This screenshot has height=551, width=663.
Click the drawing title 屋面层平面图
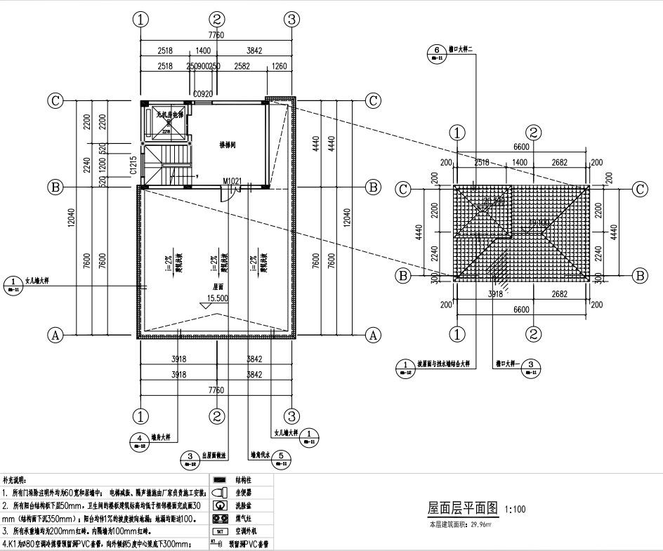463,507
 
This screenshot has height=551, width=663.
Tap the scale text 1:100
516,508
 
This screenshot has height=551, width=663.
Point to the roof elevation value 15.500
217,298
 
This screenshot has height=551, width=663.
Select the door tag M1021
232,181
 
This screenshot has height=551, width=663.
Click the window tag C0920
203,93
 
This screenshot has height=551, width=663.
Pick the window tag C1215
133,164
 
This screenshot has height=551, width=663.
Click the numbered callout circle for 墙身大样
139,439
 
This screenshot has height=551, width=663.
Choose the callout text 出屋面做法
213,455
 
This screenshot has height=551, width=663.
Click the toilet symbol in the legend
220,492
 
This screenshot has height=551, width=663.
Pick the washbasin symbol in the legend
220,505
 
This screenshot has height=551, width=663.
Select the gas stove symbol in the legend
220,519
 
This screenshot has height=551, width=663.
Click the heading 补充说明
15,480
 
